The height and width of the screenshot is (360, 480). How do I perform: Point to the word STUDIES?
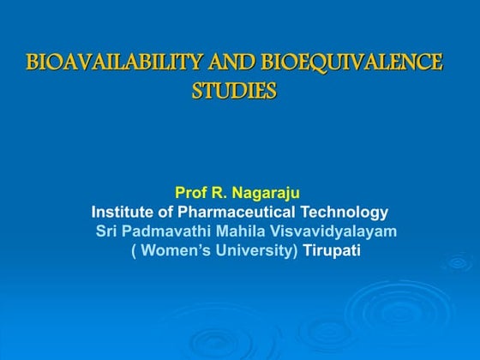coord(234,91)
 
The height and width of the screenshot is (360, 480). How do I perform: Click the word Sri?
coord(106,231)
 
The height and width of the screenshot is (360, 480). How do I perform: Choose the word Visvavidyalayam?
coord(330,231)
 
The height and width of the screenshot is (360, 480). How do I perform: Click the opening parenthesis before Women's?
coord(133,251)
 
